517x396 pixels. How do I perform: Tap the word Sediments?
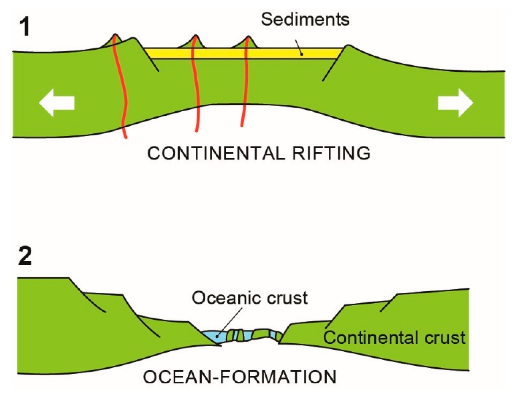[x=305, y=19]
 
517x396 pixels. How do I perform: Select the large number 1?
[x=25, y=27]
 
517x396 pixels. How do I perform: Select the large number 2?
[x=25, y=256]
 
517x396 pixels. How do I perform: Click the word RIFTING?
[x=331, y=153]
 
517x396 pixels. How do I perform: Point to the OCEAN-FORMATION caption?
[x=240, y=377]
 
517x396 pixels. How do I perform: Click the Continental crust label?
[x=394, y=338]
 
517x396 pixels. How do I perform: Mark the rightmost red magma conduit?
[x=245, y=89]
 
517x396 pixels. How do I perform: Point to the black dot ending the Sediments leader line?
[x=302, y=54]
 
